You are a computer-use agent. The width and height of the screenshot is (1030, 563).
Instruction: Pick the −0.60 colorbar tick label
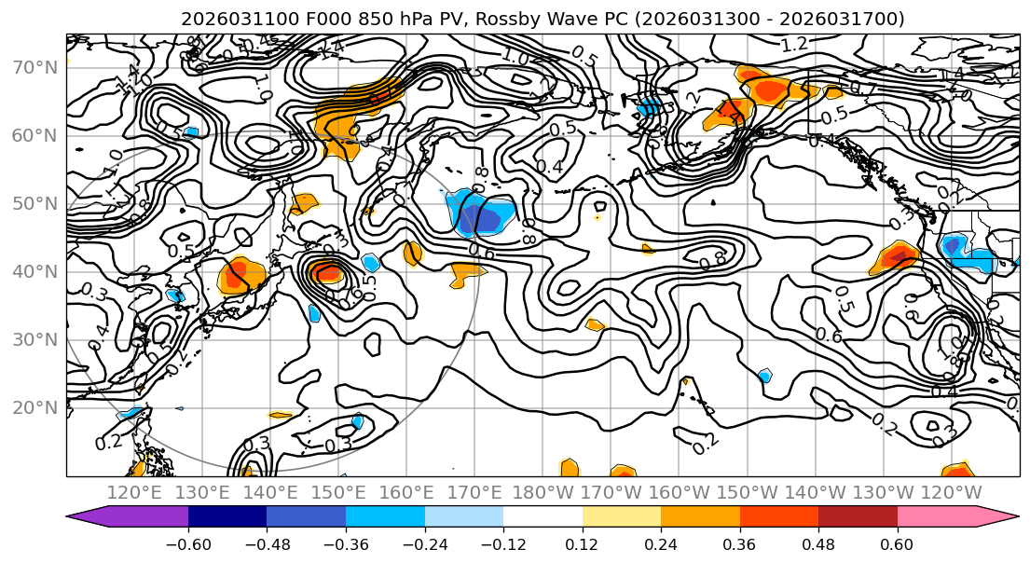click(188, 544)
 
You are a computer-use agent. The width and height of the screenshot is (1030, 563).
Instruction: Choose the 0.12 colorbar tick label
click(583, 544)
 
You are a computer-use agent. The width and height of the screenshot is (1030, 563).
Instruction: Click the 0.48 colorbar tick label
click(818, 544)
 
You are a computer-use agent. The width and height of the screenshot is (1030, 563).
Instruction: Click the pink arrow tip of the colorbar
click(1010, 517)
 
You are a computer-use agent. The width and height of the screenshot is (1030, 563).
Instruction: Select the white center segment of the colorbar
click(542, 517)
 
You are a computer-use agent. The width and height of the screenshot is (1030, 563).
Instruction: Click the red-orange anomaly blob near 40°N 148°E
click(326, 272)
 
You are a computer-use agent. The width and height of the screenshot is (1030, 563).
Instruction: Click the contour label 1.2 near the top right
click(794, 45)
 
